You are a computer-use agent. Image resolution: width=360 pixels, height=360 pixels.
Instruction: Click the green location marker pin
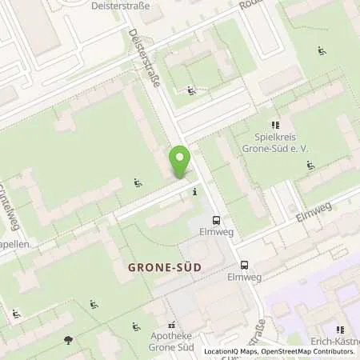point(180,161)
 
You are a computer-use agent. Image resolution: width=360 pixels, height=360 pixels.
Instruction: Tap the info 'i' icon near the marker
point(195,192)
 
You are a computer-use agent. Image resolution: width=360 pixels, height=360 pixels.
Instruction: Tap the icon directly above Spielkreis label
point(275,125)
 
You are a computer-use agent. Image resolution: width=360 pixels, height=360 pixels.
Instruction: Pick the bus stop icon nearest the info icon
point(216,220)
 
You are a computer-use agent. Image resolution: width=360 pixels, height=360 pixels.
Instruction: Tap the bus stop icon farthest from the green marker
point(244,265)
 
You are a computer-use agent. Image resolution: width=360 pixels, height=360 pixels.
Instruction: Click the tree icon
point(68,340)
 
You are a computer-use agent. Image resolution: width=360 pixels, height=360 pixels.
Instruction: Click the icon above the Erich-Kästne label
point(340,329)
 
